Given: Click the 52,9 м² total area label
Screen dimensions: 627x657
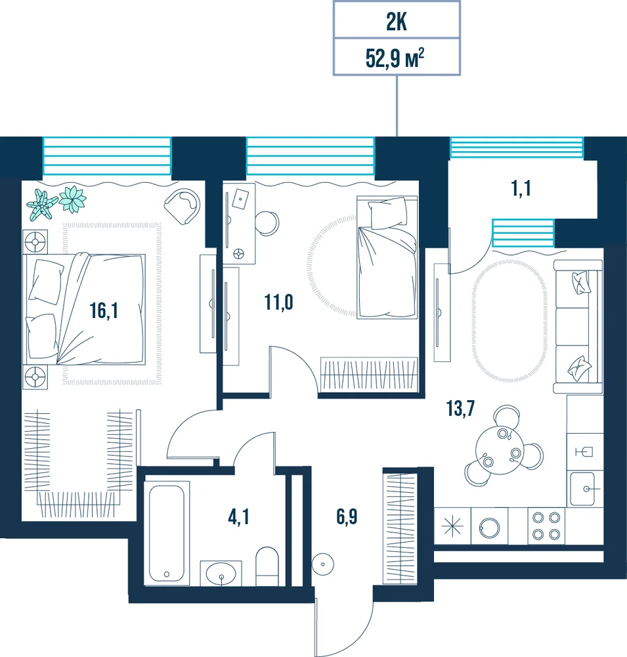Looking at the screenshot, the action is point(395,58).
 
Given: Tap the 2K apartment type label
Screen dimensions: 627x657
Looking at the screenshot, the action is point(396,22).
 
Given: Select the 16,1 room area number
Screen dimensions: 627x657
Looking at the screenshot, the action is point(104,311).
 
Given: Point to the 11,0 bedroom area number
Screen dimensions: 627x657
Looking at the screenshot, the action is point(278,302).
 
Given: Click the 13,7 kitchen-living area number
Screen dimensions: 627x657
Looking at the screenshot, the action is point(460,409).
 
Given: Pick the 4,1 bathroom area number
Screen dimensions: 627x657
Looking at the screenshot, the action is point(238,517).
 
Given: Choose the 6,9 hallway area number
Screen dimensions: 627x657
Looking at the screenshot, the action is point(347,516).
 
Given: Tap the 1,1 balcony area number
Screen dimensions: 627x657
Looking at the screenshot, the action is point(521,189).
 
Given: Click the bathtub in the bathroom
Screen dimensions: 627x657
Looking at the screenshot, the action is point(167,533).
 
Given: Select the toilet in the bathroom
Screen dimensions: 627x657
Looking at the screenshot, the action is point(267,566).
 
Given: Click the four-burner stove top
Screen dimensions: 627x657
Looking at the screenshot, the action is point(546,526).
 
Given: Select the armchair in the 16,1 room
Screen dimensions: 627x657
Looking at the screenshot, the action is point(183,206).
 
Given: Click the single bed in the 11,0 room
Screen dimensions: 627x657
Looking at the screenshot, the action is point(387,258).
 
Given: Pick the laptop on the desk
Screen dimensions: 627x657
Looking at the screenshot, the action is point(240,199).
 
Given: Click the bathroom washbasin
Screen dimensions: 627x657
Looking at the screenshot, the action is point(221,573).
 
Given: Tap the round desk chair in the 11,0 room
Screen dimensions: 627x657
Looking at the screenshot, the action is point(267,223).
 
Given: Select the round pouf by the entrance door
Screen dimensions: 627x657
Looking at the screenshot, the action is point(323,564).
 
